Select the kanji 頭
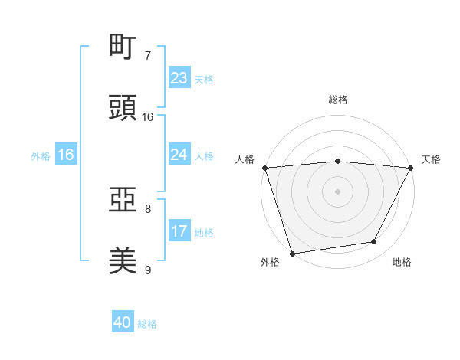[123, 107]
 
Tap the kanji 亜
[123, 201]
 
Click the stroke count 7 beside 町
[148, 56]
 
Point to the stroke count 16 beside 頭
[148, 117]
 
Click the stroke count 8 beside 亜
[148, 208]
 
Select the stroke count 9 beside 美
[148, 270]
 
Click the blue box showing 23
[179, 78]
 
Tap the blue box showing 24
[179, 155]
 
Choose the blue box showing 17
[179, 231]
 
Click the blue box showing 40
[123, 322]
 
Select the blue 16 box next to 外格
[66, 155]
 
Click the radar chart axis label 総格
[338, 100]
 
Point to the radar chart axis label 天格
[431, 159]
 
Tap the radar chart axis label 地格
[402, 262]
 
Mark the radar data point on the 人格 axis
[265, 168]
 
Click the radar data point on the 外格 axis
[292, 253]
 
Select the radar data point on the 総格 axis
[338, 161]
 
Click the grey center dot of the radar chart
[338, 191]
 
